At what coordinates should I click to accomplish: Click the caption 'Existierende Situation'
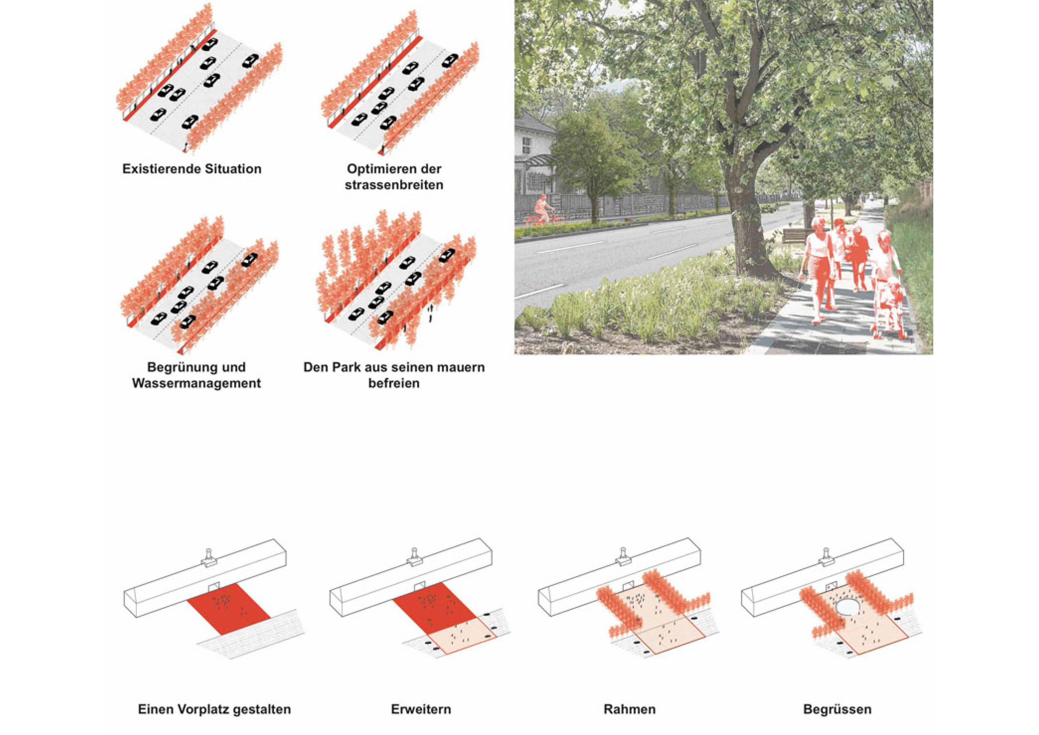192,169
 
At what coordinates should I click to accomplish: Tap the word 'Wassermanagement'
196,383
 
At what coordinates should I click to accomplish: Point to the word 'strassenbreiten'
394,185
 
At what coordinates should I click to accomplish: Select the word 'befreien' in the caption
394,383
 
